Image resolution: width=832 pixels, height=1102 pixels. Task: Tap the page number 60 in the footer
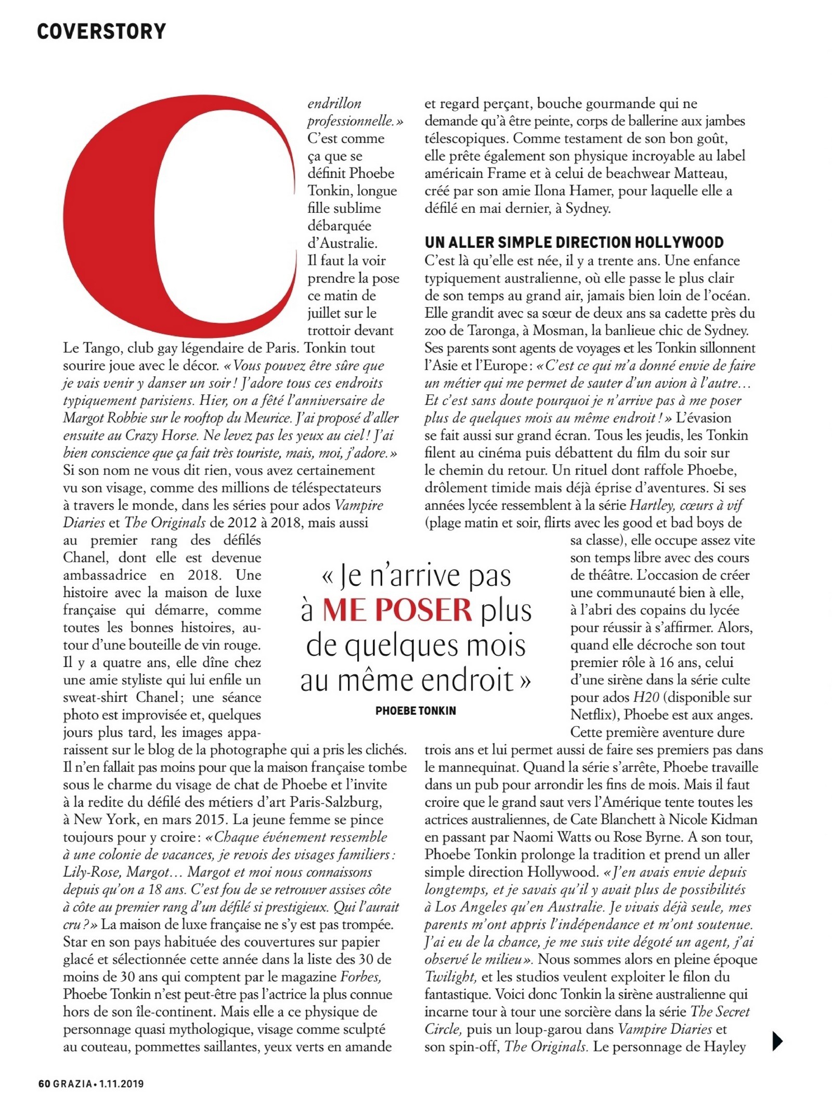(x=44, y=1084)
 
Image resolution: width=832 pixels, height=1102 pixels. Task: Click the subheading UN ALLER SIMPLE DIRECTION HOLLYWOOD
(x=574, y=242)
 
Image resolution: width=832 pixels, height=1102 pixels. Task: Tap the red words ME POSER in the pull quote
(x=397, y=610)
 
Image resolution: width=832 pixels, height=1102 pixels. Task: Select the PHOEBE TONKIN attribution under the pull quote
(x=415, y=711)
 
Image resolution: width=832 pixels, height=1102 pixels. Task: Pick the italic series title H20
(x=645, y=697)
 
